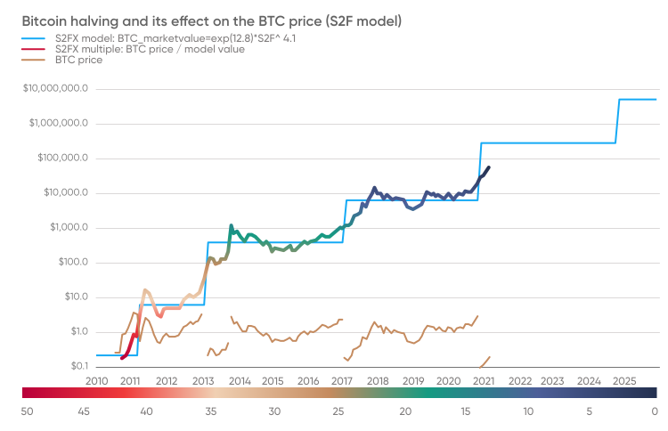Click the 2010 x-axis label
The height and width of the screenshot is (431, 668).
[x=96, y=380]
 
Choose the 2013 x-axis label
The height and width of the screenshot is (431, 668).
[x=201, y=380]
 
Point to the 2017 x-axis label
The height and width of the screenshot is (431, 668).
[x=342, y=380]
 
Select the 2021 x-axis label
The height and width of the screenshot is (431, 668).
[x=483, y=380]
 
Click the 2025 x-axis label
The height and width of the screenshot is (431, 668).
[x=623, y=380]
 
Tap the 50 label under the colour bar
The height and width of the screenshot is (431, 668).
[x=28, y=411]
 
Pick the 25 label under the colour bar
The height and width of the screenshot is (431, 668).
[x=339, y=411]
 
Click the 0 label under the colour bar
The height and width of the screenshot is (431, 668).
[x=654, y=411]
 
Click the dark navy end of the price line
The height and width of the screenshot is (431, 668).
[x=487, y=167]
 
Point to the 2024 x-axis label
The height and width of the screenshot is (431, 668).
[x=588, y=380]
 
